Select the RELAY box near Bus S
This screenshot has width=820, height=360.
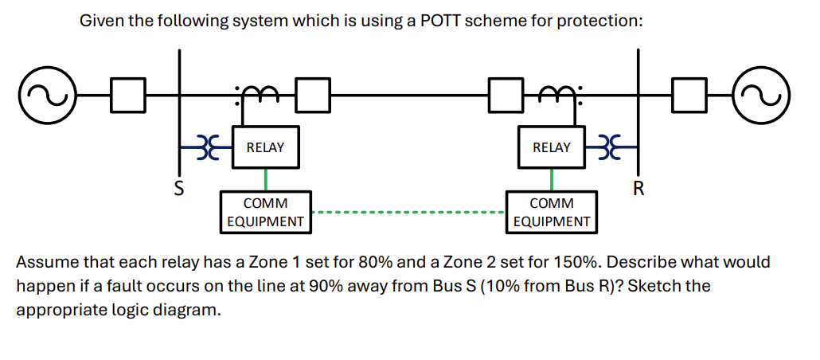click(x=265, y=147)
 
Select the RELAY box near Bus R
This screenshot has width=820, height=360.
click(x=551, y=147)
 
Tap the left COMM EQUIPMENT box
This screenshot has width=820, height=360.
click(x=265, y=212)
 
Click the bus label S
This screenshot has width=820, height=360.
click(x=179, y=189)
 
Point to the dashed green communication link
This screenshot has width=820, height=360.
click(x=408, y=213)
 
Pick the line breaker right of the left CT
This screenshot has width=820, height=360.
click(x=312, y=94)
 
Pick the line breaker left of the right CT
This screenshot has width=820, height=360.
click(x=505, y=94)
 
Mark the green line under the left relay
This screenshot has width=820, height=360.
click(x=265, y=179)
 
